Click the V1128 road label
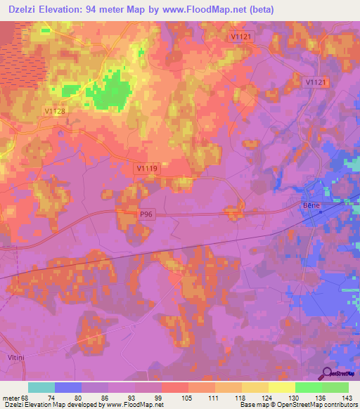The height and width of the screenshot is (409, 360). pyautogui.click(x=54, y=110)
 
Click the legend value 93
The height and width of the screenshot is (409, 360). pyautogui.click(x=134, y=397)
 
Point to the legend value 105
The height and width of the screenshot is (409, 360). pyautogui.click(x=188, y=397)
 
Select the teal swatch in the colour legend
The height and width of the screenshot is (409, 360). pyautogui.click(x=41, y=387)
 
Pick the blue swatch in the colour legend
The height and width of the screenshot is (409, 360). pyautogui.click(x=68, y=387)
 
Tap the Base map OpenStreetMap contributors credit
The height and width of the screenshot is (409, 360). pyautogui.click(x=297, y=405)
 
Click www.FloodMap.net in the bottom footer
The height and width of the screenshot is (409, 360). pyautogui.click(x=136, y=405)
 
